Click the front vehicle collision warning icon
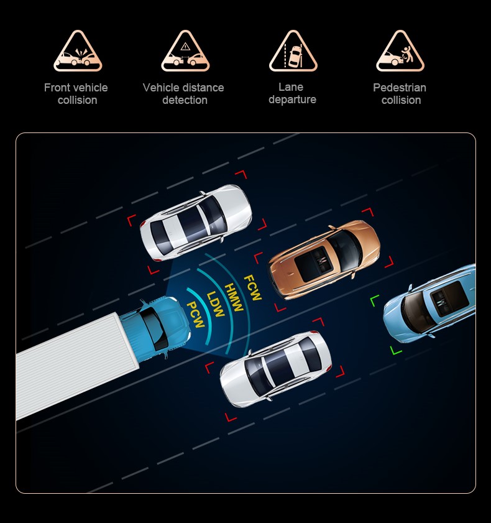pyautogui.click(x=78, y=51)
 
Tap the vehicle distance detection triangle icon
pyautogui.click(x=185, y=51)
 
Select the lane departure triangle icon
pyautogui.click(x=293, y=51)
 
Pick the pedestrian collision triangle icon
pyautogui.click(x=400, y=51)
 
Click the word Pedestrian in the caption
pyautogui.click(x=400, y=88)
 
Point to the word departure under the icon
pyautogui.click(x=292, y=100)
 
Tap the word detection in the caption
pyautogui.click(x=185, y=100)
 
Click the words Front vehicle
pyautogui.click(x=76, y=88)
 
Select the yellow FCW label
pyautogui.click(x=253, y=287)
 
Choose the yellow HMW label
pyautogui.click(x=234, y=297)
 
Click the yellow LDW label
pyautogui.click(x=215, y=304)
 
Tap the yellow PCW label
pyautogui.click(x=195, y=315)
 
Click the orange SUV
pyautogui.click(x=324, y=259)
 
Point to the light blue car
pyautogui.click(x=430, y=303)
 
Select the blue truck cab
pyautogui.click(x=155, y=328)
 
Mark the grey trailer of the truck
pyautogui.click(x=76, y=364)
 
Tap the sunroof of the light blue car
pyautogui.click(x=449, y=299)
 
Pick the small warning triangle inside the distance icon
pyautogui.click(x=185, y=46)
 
